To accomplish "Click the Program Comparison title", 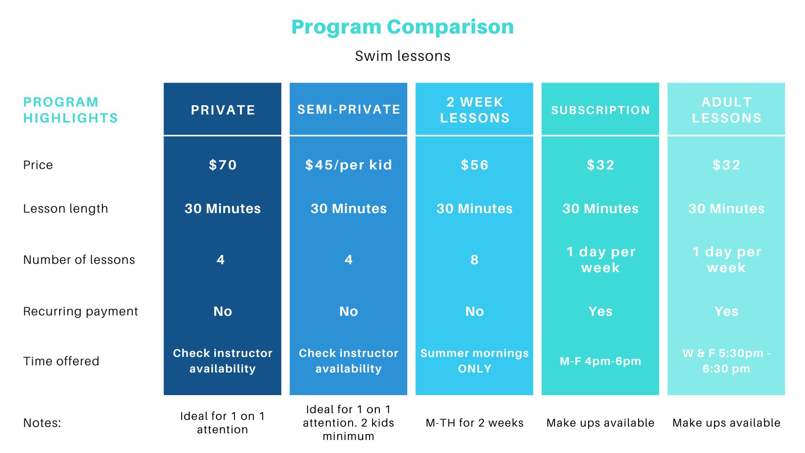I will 402,27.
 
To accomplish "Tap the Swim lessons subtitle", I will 402,56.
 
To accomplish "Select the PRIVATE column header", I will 223,110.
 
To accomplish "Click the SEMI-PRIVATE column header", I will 348,109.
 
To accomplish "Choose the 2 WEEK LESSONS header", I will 474,110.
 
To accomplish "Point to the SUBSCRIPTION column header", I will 600,110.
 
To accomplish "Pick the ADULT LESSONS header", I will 726,110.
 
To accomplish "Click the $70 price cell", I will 223,165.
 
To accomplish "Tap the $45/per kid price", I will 348,165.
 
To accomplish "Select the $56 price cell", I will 474,165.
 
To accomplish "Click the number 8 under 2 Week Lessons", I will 474,260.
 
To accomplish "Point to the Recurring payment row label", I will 80,311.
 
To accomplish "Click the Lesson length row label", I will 65,208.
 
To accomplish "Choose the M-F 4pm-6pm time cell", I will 600,361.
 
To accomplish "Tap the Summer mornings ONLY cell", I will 474,361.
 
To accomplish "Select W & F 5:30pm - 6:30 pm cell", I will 726,361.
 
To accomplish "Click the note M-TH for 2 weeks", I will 474,423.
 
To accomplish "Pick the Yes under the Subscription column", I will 600,311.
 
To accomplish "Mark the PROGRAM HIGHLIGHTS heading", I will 70,110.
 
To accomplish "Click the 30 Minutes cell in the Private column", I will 223,208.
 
